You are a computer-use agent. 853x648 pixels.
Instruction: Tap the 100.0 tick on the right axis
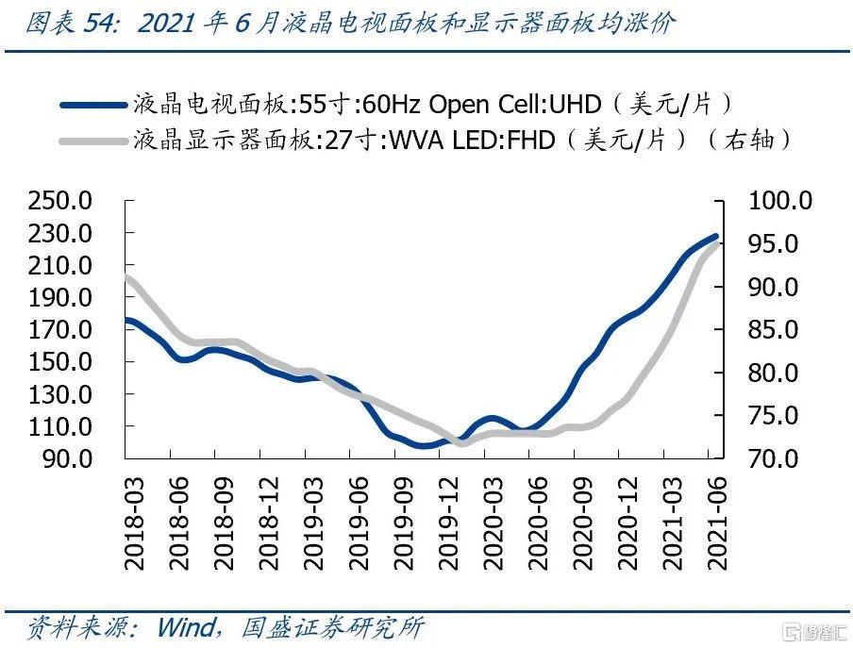click(779, 201)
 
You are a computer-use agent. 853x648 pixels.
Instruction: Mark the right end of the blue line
click(716, 236)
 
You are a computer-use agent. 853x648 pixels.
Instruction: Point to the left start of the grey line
click(126, 275)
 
